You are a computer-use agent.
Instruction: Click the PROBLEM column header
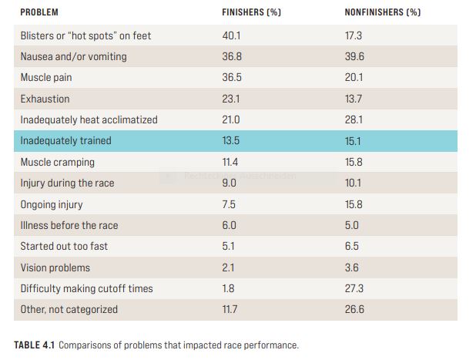(39, 12)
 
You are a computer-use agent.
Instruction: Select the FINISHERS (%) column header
(251, 12)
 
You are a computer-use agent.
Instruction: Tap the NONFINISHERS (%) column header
(383, 12)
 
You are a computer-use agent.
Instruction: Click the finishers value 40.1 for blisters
(231, 36)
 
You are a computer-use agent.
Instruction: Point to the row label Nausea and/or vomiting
(73, 57)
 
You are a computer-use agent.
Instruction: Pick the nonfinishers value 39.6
(354, 56)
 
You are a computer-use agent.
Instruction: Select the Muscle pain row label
(46, 77)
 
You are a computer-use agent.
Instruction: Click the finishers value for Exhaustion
(231, 99)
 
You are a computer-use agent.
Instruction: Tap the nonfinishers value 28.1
(354, 119)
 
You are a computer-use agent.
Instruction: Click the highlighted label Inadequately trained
(66, 141)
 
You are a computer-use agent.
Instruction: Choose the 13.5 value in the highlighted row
(231, 141)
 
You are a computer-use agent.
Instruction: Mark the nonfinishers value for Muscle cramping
(354, 162)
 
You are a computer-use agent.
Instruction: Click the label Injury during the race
(67, 183)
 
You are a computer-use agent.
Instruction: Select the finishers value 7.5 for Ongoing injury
(229, 204)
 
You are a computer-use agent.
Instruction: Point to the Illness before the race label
(69, 225)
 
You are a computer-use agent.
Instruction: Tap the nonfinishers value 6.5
(351, 246)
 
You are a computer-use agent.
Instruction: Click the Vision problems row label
(55, 267)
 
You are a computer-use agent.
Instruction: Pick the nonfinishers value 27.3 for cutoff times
(354, 288)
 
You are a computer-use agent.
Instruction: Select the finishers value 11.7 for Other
(230, 310)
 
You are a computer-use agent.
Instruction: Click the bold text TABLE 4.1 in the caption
(34, 345)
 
